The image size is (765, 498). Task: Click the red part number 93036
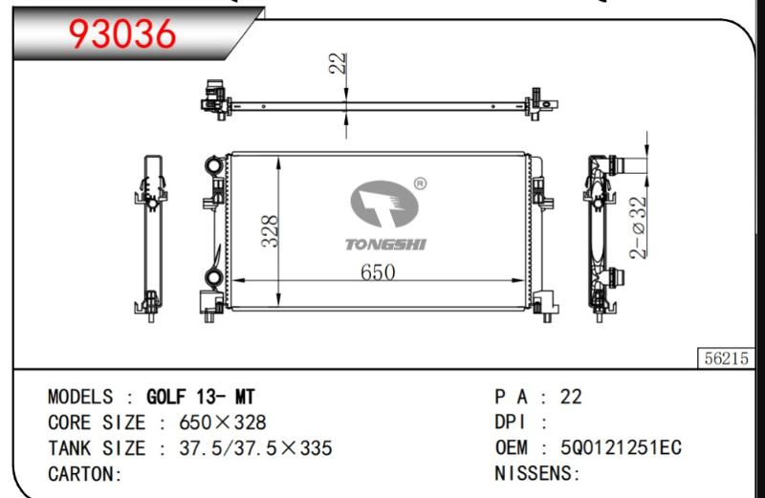coord(122,33)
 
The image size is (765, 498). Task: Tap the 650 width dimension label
coord(378,271)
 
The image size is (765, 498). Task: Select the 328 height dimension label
coord(270,231)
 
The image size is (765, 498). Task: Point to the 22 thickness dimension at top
coord(339,63)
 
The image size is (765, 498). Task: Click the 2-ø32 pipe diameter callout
coord(638,227)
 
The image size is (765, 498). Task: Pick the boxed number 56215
coord(726,358)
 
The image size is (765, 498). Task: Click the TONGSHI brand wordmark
coord(385,245)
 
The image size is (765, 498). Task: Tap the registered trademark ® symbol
coord(420,184)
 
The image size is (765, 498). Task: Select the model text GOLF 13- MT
coord(201,397)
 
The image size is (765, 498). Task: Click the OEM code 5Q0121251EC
coord(621,447)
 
